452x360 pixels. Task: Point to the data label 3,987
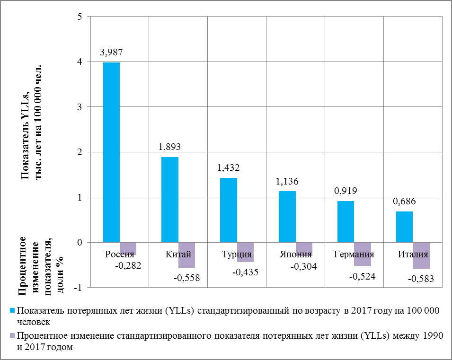point(112,53)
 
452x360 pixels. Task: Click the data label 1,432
point(229,168)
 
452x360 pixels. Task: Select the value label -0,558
point(187,278)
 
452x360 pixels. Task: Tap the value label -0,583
point(421,279)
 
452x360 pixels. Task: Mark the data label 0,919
point(346,191)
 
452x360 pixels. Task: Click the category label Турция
point(237,254)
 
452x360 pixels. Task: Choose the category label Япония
point(296,254)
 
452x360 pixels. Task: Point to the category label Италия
point(413,254)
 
